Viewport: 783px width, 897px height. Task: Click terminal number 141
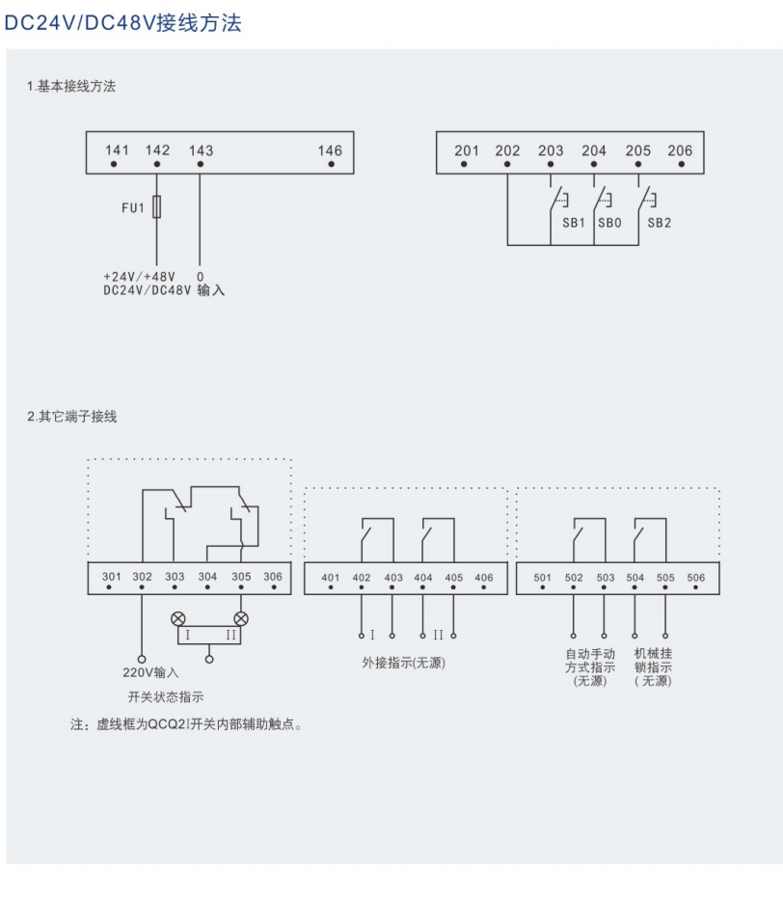(x=117, y=150)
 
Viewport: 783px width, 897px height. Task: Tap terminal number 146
(x=330, y=150)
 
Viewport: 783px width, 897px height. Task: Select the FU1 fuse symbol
(x=156, y=207)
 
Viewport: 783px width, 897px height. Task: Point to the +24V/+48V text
(x=140, y=276)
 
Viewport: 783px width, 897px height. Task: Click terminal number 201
(x=467, y=150)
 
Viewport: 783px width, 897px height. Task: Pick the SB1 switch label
(x=574, y=222)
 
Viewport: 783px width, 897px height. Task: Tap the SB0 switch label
(x=608, y=222)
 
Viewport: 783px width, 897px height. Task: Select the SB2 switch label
(x=659, y=222)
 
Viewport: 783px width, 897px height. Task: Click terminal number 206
(x=680, y=150)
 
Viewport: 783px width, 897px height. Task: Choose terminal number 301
(x=111, y=577)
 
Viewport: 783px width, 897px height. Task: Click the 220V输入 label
(x=152, y=672)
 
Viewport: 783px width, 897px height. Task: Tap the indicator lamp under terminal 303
(x=177, y=617)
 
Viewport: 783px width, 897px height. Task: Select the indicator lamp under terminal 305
(x=241, y=617)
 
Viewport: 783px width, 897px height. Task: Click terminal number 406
(x=484, y=578)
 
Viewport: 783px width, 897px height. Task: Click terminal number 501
(x=543, y=578)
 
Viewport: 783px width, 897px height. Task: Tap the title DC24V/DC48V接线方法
(x=122, y=23)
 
